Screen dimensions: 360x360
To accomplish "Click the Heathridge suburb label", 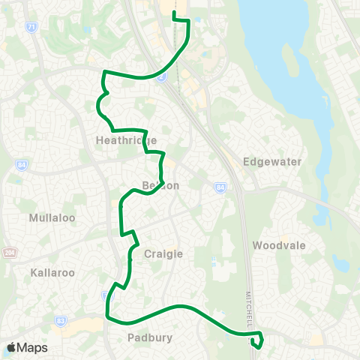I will pos(127,140).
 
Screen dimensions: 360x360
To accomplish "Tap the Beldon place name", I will pos(160,185).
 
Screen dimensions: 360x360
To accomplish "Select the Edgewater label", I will pos(262,162).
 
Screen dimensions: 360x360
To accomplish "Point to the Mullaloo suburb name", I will pos(49,218).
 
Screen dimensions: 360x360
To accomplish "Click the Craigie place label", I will pos(163,253).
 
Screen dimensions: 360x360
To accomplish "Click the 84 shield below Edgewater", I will pos(220,187).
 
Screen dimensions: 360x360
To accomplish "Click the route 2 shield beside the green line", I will pos(160,77).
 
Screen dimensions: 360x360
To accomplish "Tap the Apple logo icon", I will pos(12,347).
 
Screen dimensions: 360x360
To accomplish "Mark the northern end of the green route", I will pos(174,13).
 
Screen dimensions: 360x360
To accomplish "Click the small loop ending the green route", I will pos(258,343).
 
